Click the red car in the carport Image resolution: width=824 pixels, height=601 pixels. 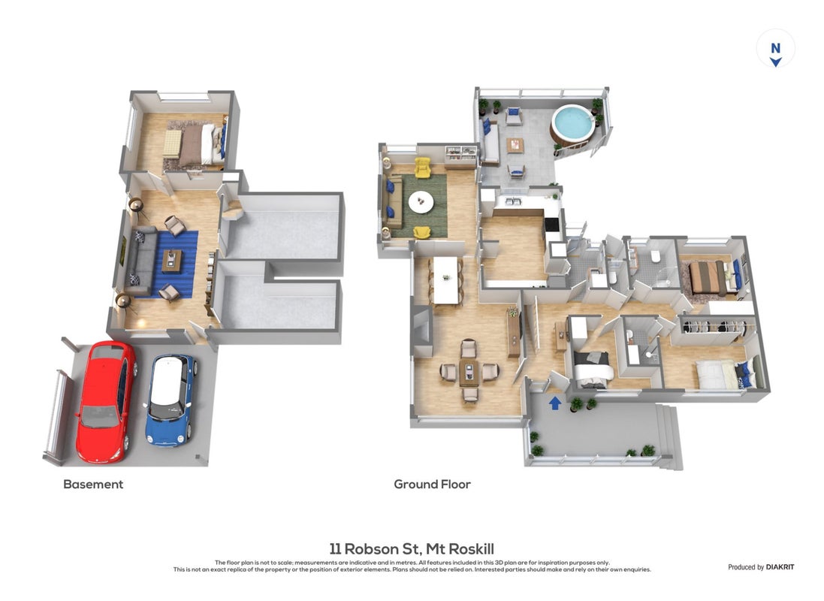point(107,401)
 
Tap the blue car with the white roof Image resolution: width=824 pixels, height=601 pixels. point(171,400)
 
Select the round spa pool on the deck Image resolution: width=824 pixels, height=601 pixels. point(572,125)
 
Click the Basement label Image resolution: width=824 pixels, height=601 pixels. point(93,485)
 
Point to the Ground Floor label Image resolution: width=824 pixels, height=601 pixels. point(432,485)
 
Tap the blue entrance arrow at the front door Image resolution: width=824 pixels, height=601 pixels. point(555,403)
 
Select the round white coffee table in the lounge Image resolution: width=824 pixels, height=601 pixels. point(421,202)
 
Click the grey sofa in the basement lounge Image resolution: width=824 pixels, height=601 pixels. point(140,261)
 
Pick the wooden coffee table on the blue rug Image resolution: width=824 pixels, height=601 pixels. point(172,261)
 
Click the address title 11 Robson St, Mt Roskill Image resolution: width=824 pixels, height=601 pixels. point(412,549)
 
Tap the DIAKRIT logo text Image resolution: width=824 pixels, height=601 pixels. point(780,567)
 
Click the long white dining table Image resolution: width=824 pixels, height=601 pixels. point(445,279)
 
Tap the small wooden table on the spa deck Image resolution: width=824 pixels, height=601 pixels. point(515,144)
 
